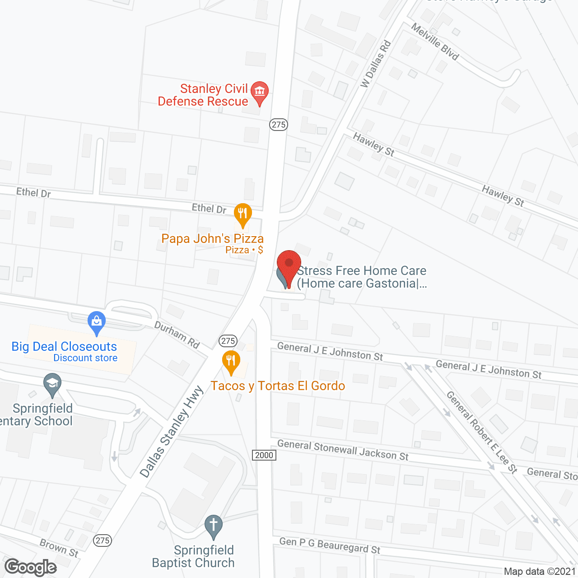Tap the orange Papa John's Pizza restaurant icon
(x=242, y=214)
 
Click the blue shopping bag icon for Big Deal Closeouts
(x=96, y=322)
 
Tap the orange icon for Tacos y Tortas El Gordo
(x=231, y=361)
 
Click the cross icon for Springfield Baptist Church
(x=214, y=526)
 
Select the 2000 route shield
(x=264, y=455)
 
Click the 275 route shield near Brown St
(x=103, y=541)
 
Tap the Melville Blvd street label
(x=435, y=42)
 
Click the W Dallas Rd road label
(x=375, y=64)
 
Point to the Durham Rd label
(x=177, y=335)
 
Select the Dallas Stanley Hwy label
(x=172, y=432)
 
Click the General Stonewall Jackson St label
(x=343, y=450)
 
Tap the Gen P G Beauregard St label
(x=330, y=545)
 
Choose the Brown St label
(x=59, y=548)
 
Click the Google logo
(x=31, y=567)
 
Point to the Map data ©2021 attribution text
(x=540, y=571)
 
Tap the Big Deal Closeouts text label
(x=64, y=346)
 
